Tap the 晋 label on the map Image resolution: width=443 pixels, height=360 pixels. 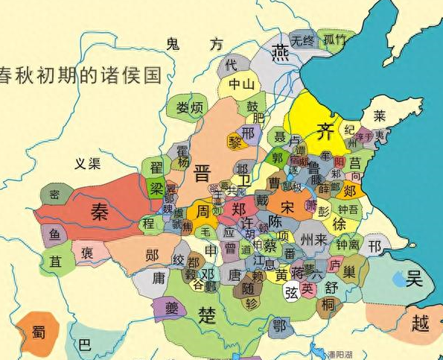tap(202, 175)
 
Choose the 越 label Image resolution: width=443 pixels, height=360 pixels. tap(420, 322)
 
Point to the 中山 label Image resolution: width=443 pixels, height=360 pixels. tap(243, 83)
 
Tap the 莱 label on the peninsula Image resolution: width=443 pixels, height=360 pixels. tap(380, 117)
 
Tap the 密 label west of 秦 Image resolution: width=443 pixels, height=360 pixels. tap(54, 195)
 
